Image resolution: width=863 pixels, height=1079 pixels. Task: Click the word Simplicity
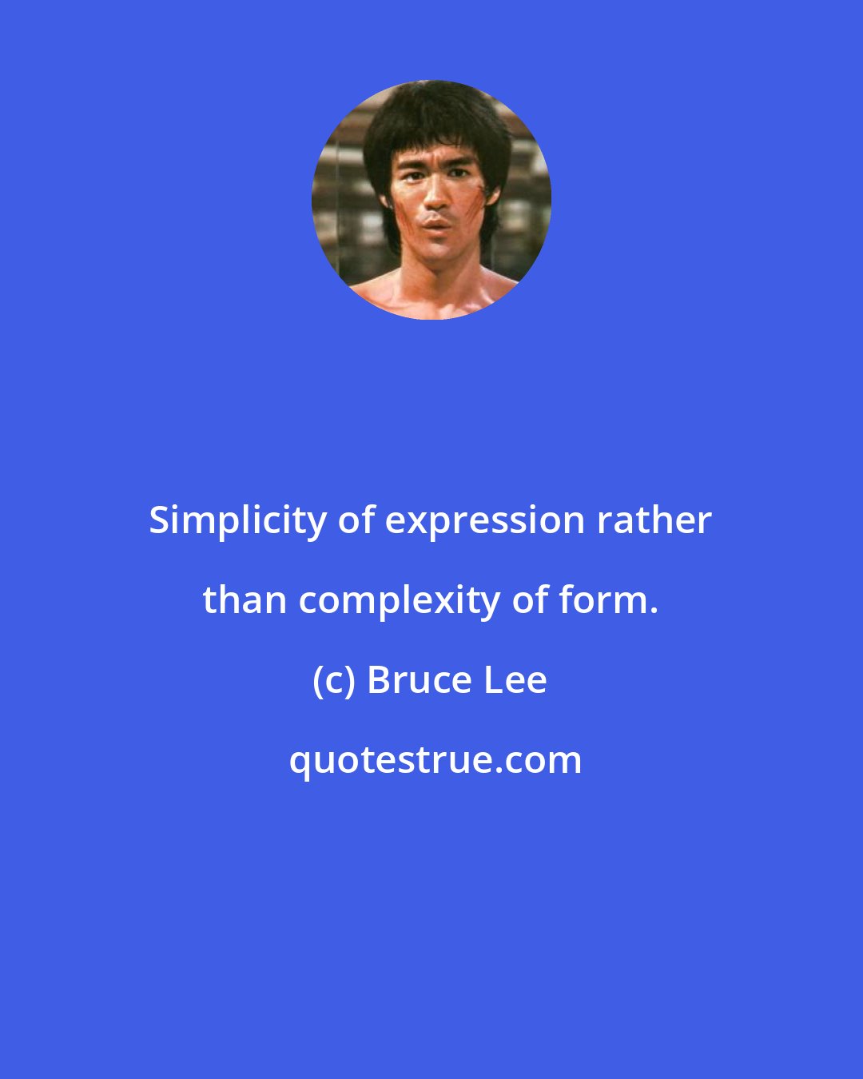point(237,521)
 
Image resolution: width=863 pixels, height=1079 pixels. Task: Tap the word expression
point(485,521)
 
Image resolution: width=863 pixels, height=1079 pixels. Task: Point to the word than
point(245,599)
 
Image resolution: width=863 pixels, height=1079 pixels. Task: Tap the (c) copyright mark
point(333,680)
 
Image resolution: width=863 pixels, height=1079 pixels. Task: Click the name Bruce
point(415,680)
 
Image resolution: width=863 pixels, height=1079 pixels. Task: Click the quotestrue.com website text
point(435,760)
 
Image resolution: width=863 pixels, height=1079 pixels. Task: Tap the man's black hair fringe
point(431,128)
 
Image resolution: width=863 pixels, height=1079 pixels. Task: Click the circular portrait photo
point(431,200)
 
